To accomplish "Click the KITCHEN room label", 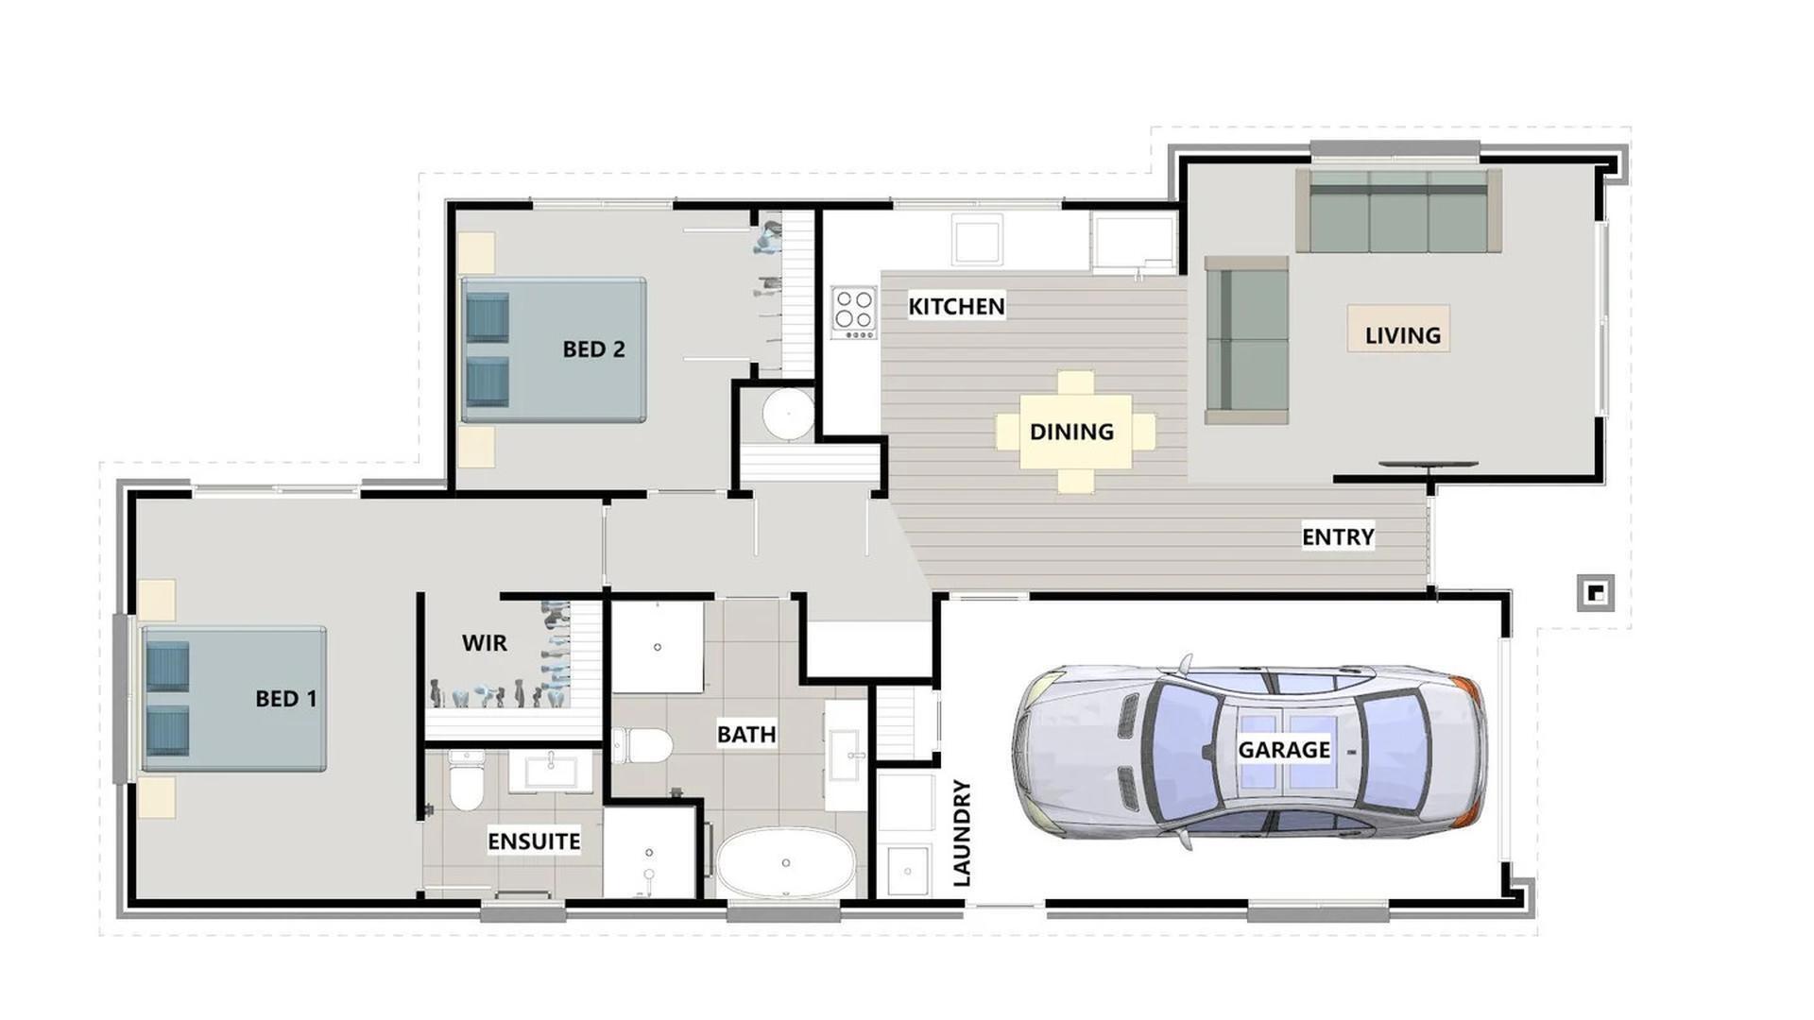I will [956, 306].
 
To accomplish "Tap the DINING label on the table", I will [1071, 432].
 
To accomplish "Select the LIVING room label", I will [1402, 335].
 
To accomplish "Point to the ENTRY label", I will [1338, 536].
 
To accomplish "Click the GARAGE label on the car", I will [1284, 750].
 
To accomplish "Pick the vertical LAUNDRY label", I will [962, 832].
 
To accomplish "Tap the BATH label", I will [746, 734].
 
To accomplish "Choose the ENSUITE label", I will [534, 841].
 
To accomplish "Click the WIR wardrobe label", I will [485, 643].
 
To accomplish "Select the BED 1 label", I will [286, 699].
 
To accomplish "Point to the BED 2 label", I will [593, 349].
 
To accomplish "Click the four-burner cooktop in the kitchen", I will [854, 312].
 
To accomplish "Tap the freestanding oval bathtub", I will [785, 863].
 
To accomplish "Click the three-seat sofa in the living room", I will [1398, 212].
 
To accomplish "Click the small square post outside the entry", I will [1595, 593].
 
